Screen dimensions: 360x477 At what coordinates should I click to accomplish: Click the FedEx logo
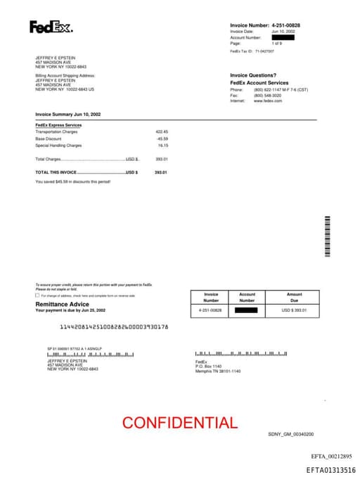[x=51, y=27]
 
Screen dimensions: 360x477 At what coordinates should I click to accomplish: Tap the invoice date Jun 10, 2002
[x=264, y=32]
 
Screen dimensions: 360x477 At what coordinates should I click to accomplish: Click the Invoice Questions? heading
[x=253, y=75]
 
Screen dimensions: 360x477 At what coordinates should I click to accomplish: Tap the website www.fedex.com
[x=268, y=101]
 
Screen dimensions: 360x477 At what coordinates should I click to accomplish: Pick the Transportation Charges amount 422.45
[x=162, y=132]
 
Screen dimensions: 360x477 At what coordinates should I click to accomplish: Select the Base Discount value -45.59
[x=162, y=139]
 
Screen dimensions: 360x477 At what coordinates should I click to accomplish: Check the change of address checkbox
[x=37, y=295]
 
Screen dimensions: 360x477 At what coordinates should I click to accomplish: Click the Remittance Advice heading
[x=62, y=304]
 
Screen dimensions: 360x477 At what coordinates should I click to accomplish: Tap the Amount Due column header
[x=294, y=297]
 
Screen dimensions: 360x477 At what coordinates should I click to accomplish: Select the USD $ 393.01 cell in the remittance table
[x=294, y=310]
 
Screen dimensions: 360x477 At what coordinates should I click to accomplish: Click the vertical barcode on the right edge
[x=327, y=237]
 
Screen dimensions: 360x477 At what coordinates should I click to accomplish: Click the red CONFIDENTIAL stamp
[x=179, y=423]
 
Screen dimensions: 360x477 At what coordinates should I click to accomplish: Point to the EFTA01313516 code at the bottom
[x=330, y=470]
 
